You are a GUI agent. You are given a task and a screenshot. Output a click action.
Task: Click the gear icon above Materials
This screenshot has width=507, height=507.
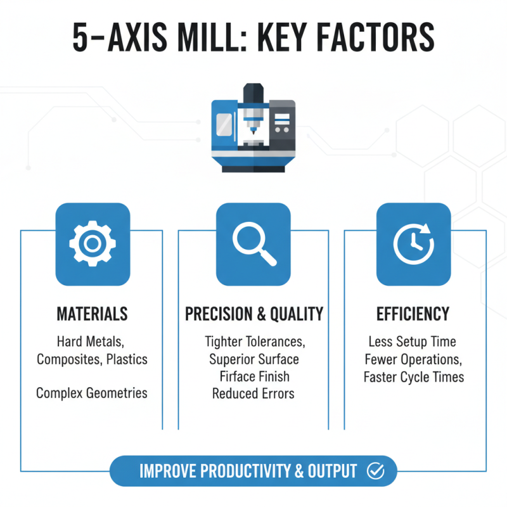pyautogui.click(x=93, y=244)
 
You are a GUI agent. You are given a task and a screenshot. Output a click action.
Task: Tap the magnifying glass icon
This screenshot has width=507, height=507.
pyautogui.click(x=253, y=244)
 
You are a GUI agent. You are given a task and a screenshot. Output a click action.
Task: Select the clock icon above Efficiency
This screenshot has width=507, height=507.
pyautogui.click(x=413, y=244)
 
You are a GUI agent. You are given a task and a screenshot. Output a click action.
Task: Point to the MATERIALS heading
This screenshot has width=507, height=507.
pyautogui.click(x=92, y=314)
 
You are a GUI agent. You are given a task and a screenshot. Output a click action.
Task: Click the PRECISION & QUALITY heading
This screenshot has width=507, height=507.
pyautogui.click(x=253, y=314)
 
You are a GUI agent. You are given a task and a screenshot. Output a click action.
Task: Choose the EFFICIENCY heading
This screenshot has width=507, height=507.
pyautogui.click(x=413, y=314)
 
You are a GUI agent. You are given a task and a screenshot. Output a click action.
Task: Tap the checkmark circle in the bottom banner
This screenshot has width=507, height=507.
pyautogui.click(x=376, y=471)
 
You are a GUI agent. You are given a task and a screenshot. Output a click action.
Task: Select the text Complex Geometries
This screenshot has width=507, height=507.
pyautogui.click(x=92, y=393)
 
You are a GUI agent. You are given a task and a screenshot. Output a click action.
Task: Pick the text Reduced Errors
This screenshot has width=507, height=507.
pyautogui.click(x=253, y=394)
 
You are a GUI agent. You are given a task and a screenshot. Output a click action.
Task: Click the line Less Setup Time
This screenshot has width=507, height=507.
pyautogui.click(x=413, y=342)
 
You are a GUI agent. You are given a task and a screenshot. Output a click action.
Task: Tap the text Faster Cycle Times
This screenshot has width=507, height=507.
pyautogui.click(x=413, y=377)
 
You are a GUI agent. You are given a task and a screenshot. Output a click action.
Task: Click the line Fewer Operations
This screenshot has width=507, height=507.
pyautogui.click(x=413, y=359)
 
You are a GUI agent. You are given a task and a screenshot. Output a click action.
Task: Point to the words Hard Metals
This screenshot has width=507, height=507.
pyautogui.click(x=89, y=342)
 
